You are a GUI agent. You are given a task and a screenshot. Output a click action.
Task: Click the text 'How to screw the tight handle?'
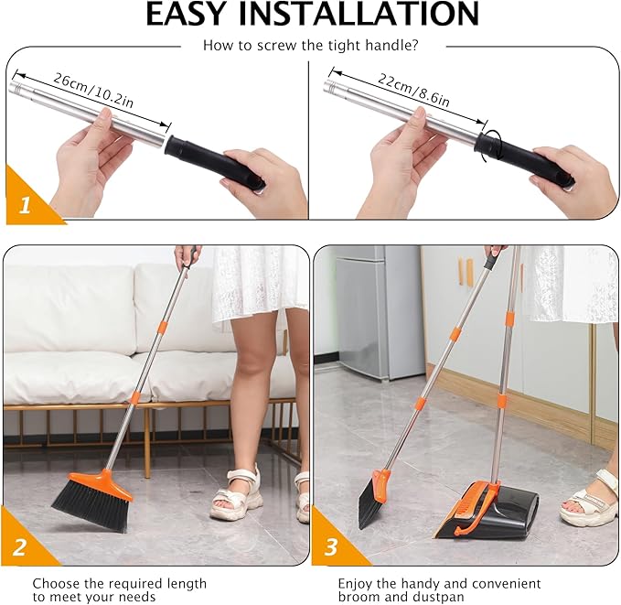(310, 44)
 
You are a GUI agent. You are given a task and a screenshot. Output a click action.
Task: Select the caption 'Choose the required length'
(107, 583)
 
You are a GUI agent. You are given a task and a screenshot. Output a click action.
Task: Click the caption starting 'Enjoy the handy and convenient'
(439, 583)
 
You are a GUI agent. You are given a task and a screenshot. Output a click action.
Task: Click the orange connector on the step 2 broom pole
(134, 397)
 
